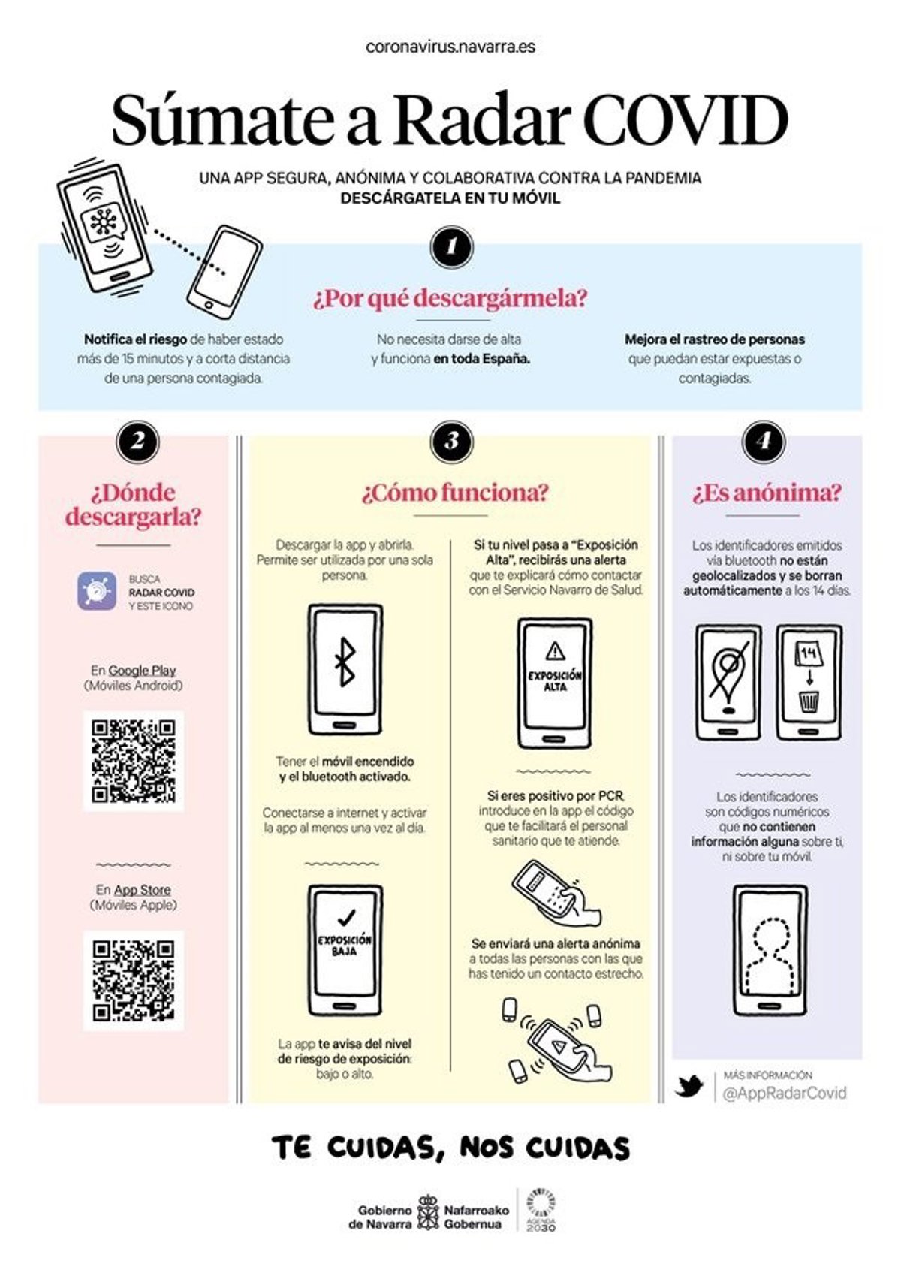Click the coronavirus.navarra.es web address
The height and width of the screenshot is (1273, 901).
(450, 47)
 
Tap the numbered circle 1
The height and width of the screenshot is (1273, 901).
(452, 247)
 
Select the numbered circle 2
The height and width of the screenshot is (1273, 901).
(137, 442)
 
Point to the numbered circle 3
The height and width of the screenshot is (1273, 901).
(452, 442)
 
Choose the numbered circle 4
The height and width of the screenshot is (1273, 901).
(764, 442)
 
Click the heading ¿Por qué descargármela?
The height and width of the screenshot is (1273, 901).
(450, 298)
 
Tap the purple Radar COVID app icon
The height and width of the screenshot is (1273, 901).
(97, 591)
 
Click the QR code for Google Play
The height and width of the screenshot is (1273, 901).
(134, 762)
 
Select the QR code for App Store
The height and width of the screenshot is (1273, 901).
(134, 982)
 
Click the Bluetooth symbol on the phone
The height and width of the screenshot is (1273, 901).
(345, 662)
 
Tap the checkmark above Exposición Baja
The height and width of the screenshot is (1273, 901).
(346, 917)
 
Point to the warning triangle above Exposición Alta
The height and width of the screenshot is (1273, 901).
(555, 650)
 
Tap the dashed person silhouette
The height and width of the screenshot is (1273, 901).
(770, 959)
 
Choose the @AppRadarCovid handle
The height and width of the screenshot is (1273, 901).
(784, 1093)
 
